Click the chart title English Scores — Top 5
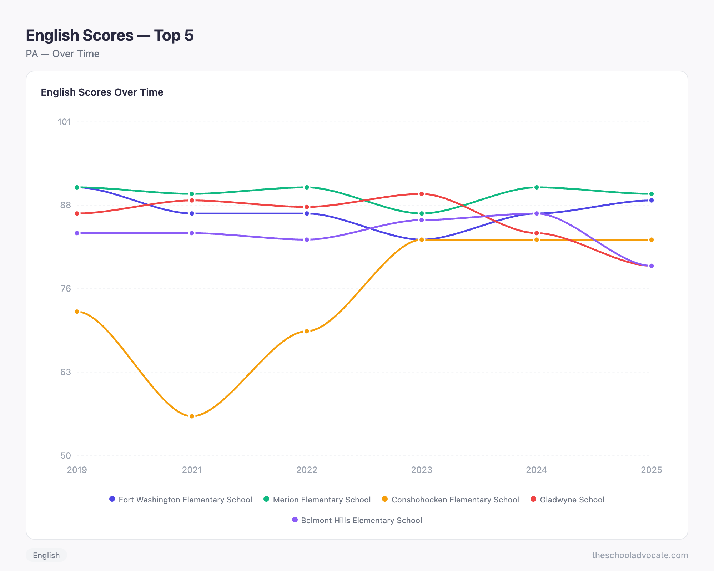point(110,35)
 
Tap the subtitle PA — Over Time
point(62,54)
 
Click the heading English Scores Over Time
point(102,92)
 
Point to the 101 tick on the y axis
point(64,122)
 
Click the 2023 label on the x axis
point(422,470)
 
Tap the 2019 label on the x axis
point(77,470)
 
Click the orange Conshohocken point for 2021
point(192,416)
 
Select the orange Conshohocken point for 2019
point(77,312)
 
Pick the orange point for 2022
point(307,331)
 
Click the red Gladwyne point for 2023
point(422,194)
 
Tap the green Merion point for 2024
point(537,187)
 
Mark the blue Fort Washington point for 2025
point(651,201)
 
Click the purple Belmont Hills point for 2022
point(307,239)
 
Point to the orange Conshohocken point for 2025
point(651,239)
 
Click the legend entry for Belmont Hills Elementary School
point(357,520)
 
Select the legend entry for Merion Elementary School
point(317,500)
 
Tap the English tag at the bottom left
point(46,555)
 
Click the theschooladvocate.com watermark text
point(640,555)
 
